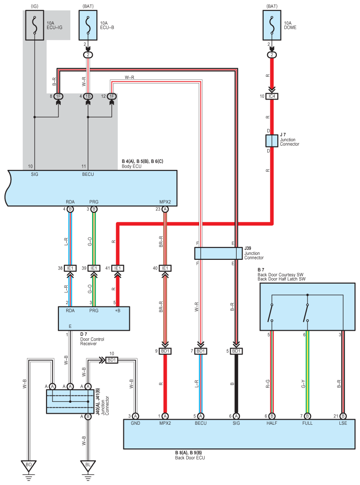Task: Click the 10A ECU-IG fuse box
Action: tap(35, 25)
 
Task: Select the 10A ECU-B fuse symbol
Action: tap(88, 25)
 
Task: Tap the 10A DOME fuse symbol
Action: tap(272, 25)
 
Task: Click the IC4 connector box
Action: tap(272, 96)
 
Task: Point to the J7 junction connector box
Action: tap(272, 141)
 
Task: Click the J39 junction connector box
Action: tap(218, 253)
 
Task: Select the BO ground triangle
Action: tap(29, 465)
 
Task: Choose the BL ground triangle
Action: tap(88, 465)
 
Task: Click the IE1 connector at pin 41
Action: tap(117, 268)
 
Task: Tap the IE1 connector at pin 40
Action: tap(165, 268)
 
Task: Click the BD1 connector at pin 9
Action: tap(165, 351)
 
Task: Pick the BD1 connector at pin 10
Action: tap(112, 360)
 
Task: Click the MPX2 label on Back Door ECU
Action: tap(165, 423)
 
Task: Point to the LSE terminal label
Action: tap(343, 423)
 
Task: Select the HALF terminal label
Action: tap(272, 423)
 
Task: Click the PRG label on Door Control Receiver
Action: tap(94, 311)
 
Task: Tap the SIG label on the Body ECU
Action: tap(35, 174)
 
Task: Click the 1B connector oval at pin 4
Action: tap(88, 96)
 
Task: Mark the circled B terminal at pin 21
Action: tap(343, 416)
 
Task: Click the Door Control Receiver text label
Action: tap(92, 342)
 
